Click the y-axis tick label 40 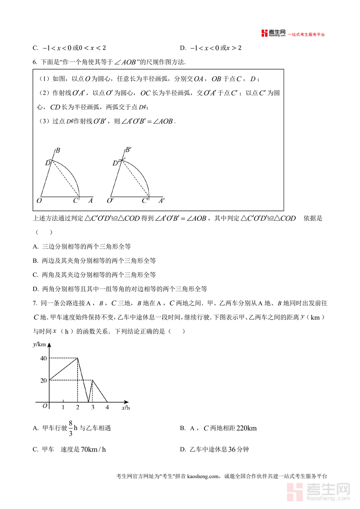tap(43, 358)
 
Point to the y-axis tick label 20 tap(43, 380)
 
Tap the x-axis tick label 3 tap(93, 407)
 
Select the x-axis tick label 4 tap(107, 407)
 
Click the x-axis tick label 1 tap(63, 407)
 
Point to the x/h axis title tap(126, 408)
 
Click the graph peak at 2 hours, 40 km tap(78, 358)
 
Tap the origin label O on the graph tap(44, 406)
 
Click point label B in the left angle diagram tap(58, 151)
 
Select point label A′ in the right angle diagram tap(162, 201)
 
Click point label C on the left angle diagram tap(75, 201)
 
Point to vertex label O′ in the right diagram tap(110, 201)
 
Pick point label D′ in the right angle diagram tap(116, 163)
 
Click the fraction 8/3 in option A tap(70, 428)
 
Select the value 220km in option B tap(246, 428)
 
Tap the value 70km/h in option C tap(93, 449)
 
